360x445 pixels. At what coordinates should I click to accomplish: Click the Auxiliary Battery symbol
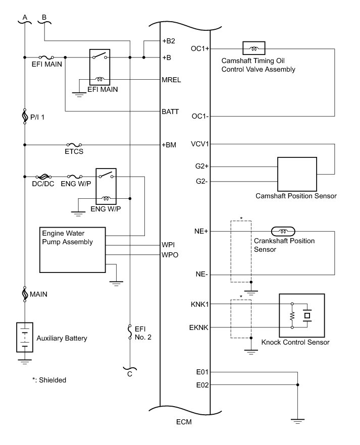pyautogui.click(x=25, y=337)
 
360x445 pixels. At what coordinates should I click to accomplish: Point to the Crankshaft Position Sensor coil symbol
pyautogui.click(x=283, y=231)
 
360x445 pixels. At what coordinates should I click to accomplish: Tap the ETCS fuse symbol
pyautogui.click(x=74, y=145)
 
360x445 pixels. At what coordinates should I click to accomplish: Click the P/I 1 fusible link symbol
pyautogui.click(x=25, y=117)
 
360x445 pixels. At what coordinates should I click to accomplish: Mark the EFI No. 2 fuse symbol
pyautogui.click(x=130, y=332)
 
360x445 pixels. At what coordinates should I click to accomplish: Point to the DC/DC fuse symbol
pyautogui.click(x=43, y=177)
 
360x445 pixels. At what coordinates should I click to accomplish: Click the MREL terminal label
pyautogui.click(x=171, y=80)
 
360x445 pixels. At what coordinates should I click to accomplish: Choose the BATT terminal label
pyautogui.click(x=170, y=112)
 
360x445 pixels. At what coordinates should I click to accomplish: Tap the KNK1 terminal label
pyautogui.click(x=199, y=304)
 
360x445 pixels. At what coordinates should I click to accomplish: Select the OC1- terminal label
pyautogui.click(x=200, y=116)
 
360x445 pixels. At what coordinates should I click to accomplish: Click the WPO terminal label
pyautogui.click(x=170, y=255)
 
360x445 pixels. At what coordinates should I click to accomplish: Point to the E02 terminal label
pyautogui.click(x=202, y=385)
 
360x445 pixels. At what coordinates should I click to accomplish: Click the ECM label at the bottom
pyautogui.click(x=184, y=422)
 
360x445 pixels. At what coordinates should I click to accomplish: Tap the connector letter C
pyautogui.click(x=130, y=374)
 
